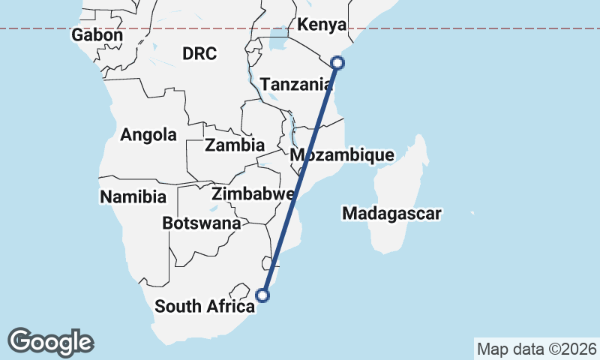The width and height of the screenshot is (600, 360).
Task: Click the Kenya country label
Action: [x=322, y=25]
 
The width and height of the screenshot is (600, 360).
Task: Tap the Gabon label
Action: [x=97, y=35]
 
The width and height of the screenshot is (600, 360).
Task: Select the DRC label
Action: [x=199, y=53]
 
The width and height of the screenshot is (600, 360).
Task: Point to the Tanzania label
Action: [x=296, y=84]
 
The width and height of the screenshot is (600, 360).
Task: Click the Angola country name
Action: [x=148, y=135]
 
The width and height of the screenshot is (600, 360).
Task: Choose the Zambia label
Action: [x=235, y=145]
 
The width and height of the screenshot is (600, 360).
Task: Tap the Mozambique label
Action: [x=342, y=155]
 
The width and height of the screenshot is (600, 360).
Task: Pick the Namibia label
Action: [x=133, y=197]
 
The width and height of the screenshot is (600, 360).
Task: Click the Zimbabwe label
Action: [x=252, y=194]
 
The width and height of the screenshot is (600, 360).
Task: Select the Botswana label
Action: [x=202, y=223]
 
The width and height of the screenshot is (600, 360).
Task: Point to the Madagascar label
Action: [x=391, y=214]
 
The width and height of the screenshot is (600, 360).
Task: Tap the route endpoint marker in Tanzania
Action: [x=338, y=63]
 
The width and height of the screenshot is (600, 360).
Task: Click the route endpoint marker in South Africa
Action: [x=262, y=295]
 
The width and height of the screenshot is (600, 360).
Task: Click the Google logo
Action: [x=50, y=342]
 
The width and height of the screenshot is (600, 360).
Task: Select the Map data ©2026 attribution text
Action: [x=537, y=349]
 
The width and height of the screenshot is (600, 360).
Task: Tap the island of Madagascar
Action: [x=397, y=195]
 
